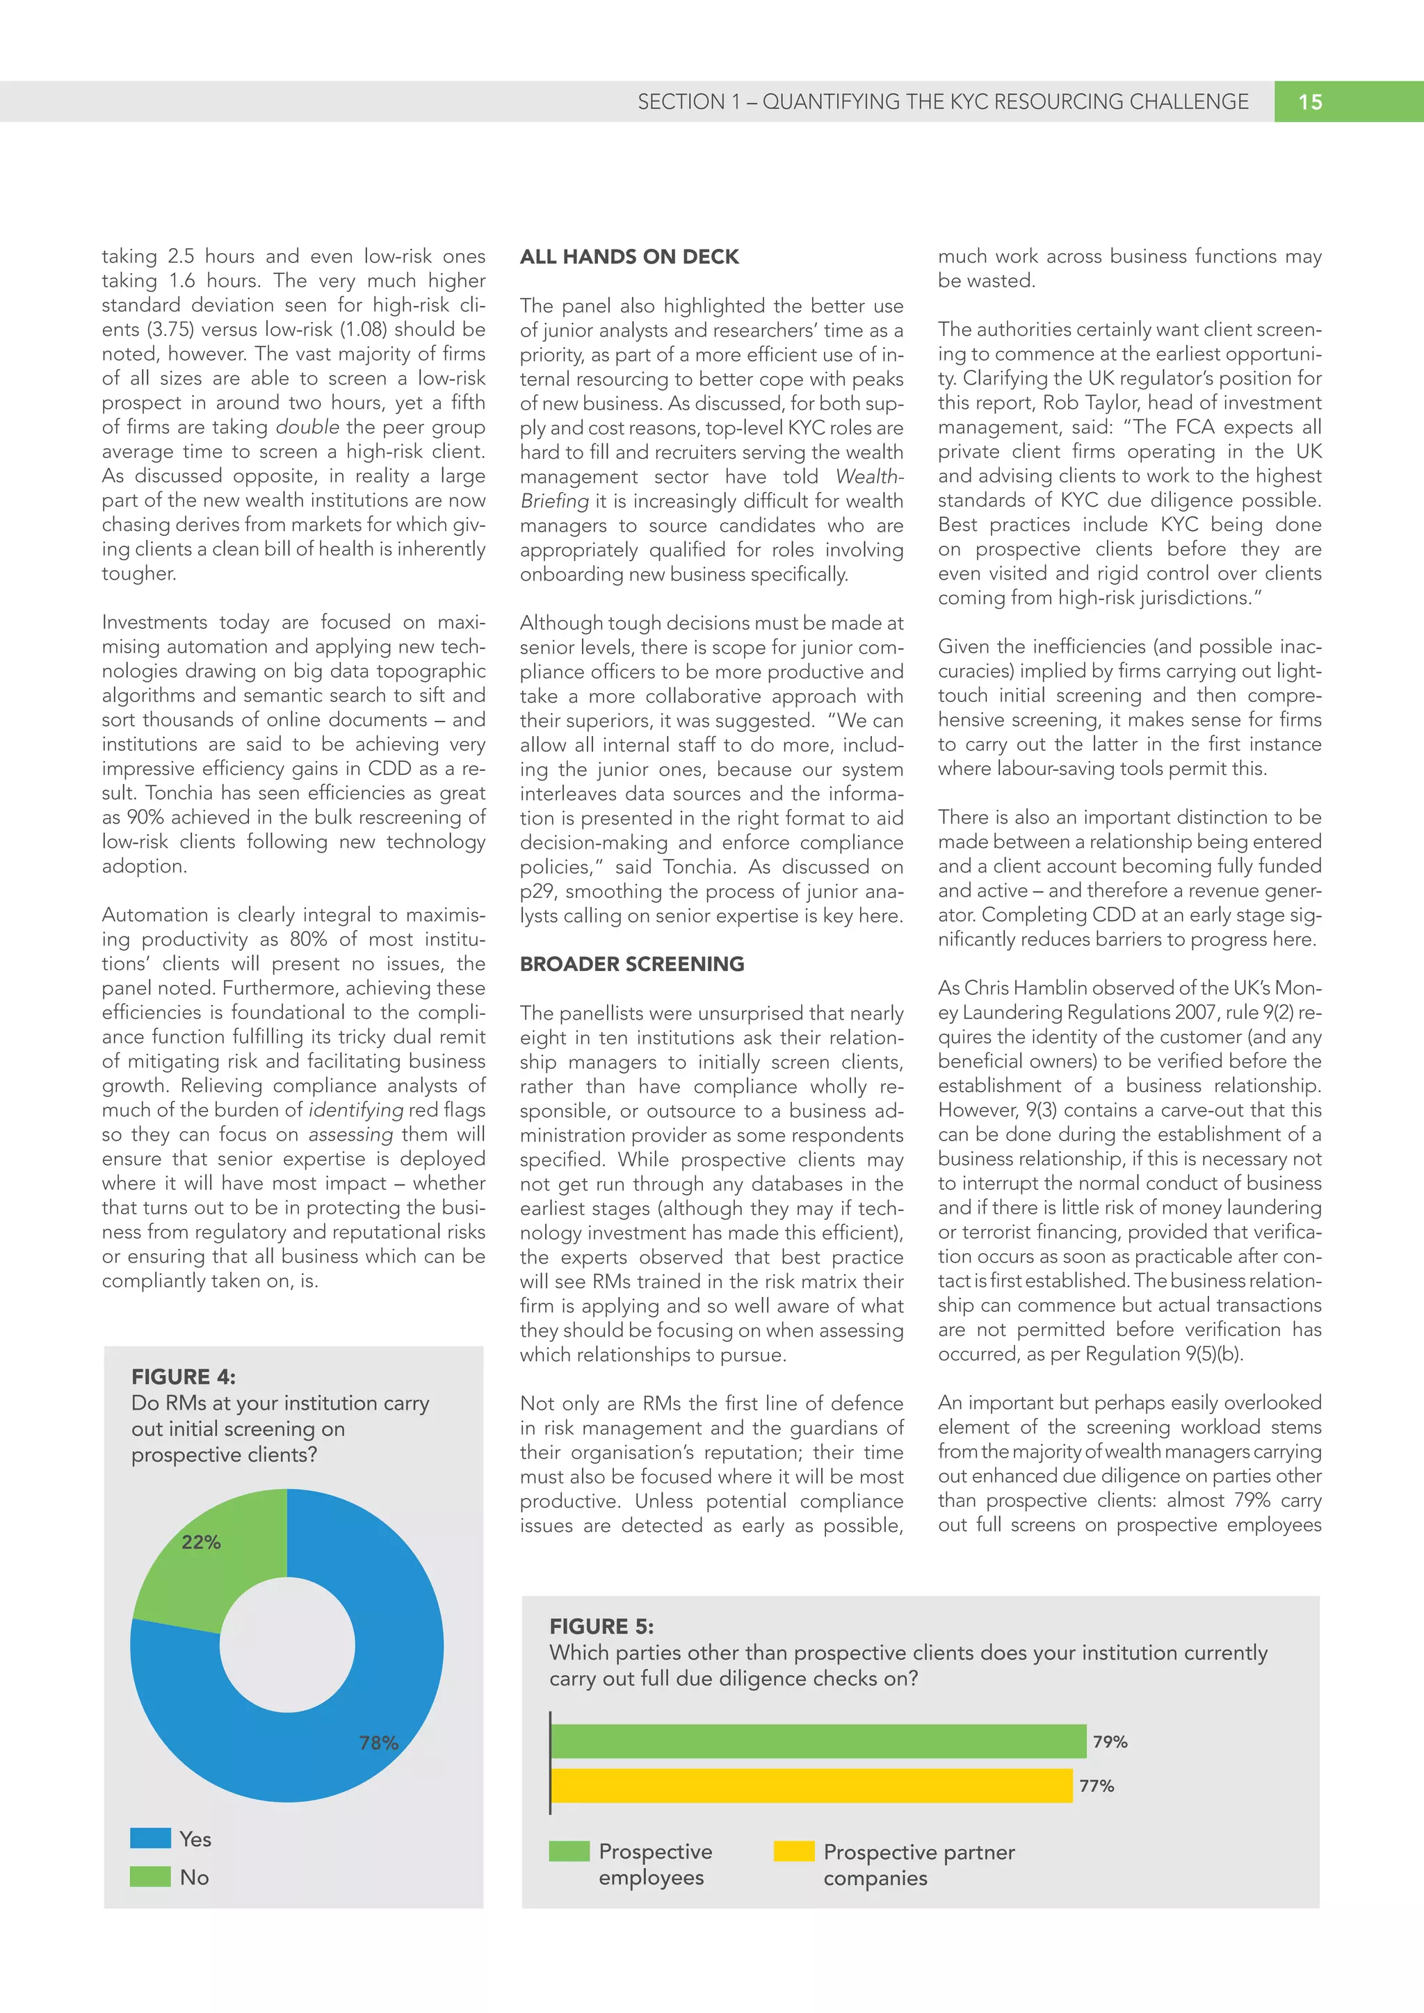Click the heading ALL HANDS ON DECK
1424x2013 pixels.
pos(629,257)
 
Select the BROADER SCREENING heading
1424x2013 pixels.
pos(631,963)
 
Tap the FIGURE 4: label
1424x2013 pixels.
pos(184,1376)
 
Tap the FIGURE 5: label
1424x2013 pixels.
pos(601,1627)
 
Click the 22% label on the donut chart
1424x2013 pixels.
pos(201,1542)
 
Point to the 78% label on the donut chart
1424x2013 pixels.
pos(379,1743)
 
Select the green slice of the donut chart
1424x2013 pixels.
pos(211,1570)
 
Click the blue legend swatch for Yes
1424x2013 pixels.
pos(150,1839)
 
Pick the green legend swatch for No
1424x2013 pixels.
pos(150,1877)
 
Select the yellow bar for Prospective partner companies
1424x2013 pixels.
pos(811,1786)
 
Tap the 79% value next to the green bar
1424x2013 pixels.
pos(1110,1742)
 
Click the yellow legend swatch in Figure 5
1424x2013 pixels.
pos(793,1852)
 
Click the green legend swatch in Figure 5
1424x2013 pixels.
pos(569,1851)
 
